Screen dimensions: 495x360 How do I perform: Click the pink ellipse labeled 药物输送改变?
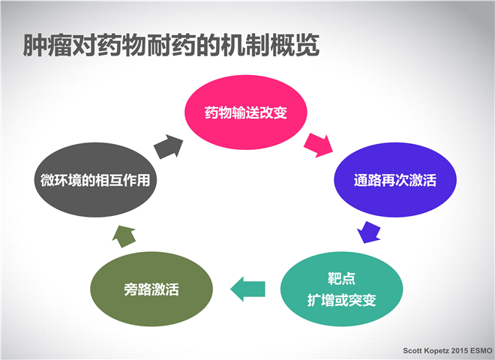click(245, 112)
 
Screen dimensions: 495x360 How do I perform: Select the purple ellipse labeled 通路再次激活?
click(395, 180)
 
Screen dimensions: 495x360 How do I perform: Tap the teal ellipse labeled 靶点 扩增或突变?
click(341, 289)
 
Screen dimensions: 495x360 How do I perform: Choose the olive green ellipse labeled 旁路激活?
click(151, 289)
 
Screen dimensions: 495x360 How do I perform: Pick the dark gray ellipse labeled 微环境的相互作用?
click(95, 180)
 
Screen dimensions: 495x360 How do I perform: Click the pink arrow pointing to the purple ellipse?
click(318, 145)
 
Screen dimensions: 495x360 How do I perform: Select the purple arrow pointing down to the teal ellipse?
click(369, 232)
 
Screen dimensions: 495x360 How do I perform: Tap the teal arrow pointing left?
click(247, 289)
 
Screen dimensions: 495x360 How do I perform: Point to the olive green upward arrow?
click(124, 236)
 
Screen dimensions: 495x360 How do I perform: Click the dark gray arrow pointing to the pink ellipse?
click(169, 147)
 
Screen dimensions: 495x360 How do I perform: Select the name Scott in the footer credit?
click(412, 350)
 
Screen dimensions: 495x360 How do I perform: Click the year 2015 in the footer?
click(460, 350)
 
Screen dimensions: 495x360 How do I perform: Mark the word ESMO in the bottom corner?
click(481, 350)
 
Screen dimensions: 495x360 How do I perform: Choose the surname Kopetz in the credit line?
click(436, 351)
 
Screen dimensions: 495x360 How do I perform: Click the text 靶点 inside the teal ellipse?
click(341, 278)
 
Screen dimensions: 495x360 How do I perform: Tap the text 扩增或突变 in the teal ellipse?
click(341, 300)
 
